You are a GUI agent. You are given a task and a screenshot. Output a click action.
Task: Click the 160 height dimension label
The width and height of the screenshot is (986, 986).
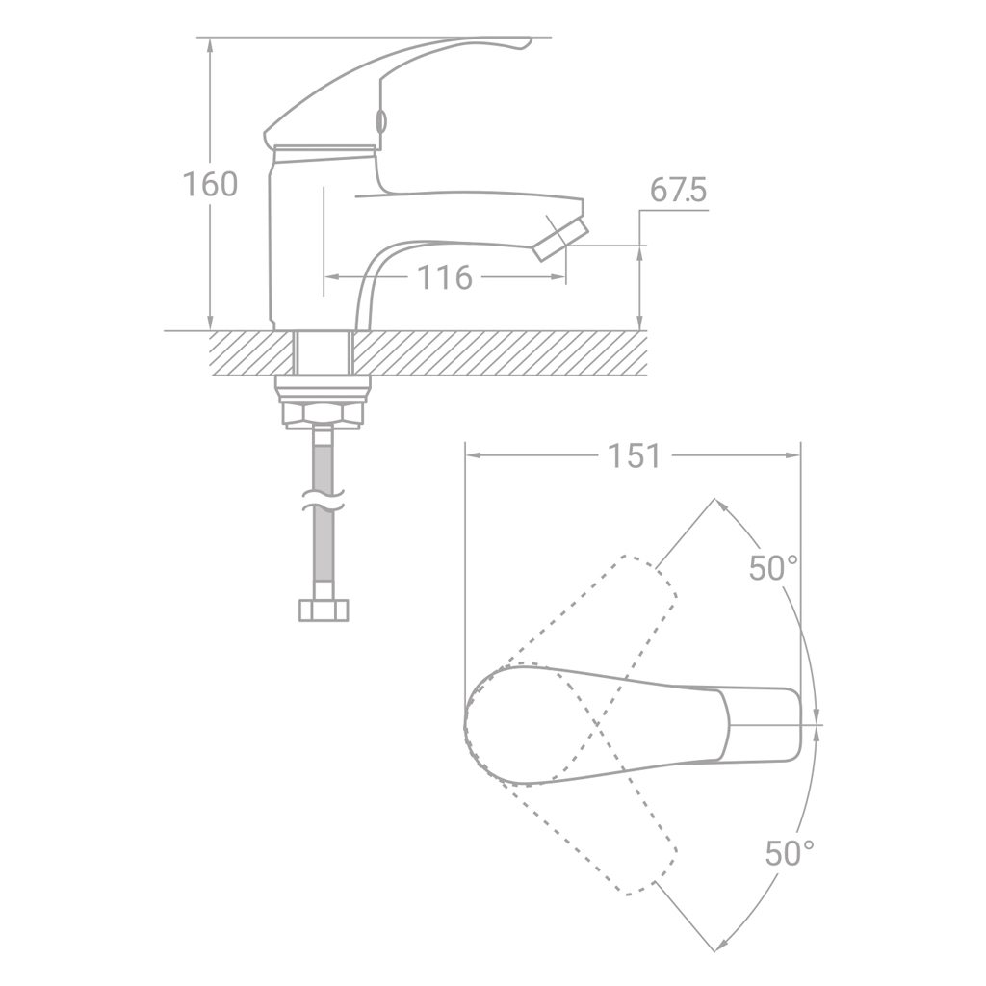point(210,184)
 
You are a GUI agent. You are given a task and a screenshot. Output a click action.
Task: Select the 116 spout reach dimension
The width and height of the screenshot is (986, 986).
point(445,277)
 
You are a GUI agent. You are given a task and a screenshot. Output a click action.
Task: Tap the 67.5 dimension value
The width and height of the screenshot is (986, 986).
point(678,190)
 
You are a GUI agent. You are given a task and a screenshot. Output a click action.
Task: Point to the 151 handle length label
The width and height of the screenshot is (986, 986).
point(634,455)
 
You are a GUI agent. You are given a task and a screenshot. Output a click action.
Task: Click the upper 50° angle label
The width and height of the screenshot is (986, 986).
point(773,568)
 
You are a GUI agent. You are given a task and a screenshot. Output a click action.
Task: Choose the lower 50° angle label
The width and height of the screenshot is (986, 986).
point(790,853)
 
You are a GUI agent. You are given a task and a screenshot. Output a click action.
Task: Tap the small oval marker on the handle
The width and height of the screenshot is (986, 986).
point(380,120)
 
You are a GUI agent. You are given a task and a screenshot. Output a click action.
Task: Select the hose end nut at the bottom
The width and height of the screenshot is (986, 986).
point(324,610)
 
